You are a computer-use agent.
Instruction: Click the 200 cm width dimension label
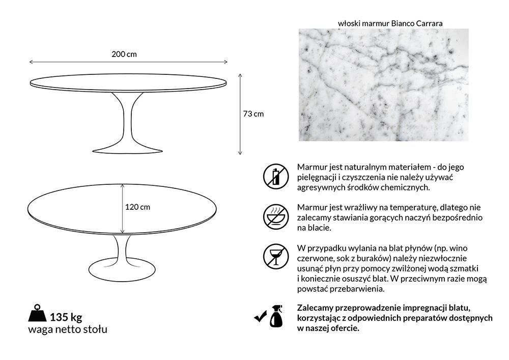[124, 54]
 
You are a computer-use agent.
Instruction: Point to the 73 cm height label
[253, 114]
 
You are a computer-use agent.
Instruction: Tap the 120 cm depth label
[138, 207]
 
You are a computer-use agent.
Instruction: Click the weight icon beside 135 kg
[37, 313]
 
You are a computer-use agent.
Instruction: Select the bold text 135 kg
[66, 317]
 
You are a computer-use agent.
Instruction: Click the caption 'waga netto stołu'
[68, 329]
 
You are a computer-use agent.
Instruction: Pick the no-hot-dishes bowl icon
[276, 216]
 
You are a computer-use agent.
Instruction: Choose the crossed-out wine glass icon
[276, 256]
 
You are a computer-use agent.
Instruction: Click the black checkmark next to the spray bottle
[261, 317]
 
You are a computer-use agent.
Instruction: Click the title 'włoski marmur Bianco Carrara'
[390, 23]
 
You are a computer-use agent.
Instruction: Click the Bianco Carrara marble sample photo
[383, 85]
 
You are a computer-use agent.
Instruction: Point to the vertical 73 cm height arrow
[240, 113]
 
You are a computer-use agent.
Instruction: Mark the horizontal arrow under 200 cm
[128, 62]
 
